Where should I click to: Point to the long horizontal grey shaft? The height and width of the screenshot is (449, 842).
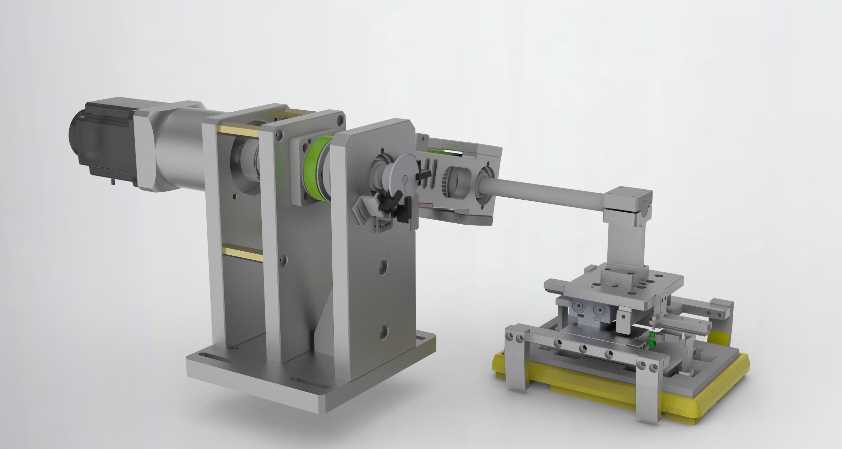coord(547,191)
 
